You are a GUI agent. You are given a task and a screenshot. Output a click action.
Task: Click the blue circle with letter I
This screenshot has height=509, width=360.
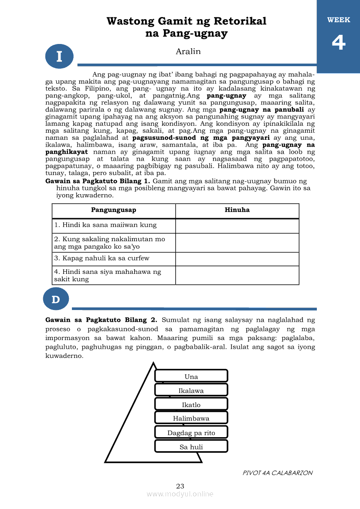59,57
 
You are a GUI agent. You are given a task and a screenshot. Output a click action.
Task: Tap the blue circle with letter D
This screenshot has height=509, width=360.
56,300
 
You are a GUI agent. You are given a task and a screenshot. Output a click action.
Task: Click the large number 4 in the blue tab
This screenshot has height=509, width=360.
339,43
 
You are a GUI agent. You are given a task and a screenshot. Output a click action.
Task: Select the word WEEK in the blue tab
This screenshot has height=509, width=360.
339,20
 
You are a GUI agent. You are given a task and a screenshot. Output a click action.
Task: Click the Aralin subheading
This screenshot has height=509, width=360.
188,51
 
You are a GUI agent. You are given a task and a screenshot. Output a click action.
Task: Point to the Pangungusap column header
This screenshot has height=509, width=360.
114,210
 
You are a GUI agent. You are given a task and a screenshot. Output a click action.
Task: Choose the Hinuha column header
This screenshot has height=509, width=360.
237,210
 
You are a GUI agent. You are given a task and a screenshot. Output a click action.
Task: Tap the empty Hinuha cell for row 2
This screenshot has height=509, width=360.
237,243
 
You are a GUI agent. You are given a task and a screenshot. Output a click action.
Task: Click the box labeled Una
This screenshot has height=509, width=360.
191,376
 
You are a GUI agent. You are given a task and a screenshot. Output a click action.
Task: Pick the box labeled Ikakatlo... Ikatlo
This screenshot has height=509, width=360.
191,405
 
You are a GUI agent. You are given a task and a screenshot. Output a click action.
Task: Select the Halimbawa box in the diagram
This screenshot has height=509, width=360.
191,418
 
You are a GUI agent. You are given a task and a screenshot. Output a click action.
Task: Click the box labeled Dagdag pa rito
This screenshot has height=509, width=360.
191,432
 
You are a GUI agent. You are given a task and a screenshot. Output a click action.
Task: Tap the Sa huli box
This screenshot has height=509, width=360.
191,446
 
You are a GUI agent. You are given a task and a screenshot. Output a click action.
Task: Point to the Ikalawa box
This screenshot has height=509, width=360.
191,390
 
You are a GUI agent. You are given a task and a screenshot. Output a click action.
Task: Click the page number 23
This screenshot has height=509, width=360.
180,486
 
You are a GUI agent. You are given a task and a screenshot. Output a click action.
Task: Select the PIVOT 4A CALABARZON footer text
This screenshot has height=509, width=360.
278,473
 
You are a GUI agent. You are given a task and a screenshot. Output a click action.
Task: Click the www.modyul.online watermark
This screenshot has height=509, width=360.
180,494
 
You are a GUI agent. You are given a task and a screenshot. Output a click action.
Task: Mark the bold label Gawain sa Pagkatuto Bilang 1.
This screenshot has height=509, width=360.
98,181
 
